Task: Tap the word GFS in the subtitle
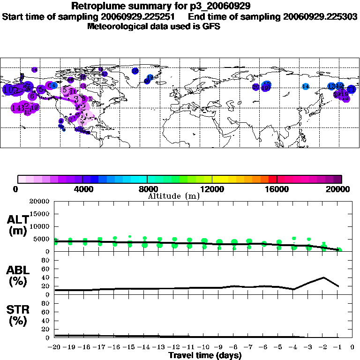211,26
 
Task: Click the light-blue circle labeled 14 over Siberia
306,86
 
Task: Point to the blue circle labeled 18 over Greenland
135,71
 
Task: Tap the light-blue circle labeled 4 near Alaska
53,85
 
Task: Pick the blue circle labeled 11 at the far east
351,90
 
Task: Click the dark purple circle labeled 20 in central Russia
256,87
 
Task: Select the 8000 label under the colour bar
147,189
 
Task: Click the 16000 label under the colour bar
277,189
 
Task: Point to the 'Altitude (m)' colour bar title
173,196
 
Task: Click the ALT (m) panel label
18,225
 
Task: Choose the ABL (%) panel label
18,275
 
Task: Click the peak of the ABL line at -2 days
323,277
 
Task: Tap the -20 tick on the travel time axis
55,347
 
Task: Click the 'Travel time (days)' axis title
205,356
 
